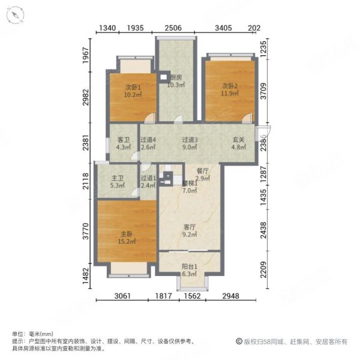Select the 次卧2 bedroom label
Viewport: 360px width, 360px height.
(x=229, y=86)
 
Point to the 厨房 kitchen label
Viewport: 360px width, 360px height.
(x=176, y=77)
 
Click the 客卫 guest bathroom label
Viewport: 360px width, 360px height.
(x=124, y=140)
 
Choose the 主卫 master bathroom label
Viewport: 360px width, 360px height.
(x=118, y=178)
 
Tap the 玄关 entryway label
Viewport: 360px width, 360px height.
(x=239, y=140)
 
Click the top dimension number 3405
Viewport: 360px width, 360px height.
(x=224, y=28)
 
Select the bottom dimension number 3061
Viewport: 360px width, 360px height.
(x=124, y=295)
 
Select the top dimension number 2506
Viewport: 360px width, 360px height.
(x=174, y=28)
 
